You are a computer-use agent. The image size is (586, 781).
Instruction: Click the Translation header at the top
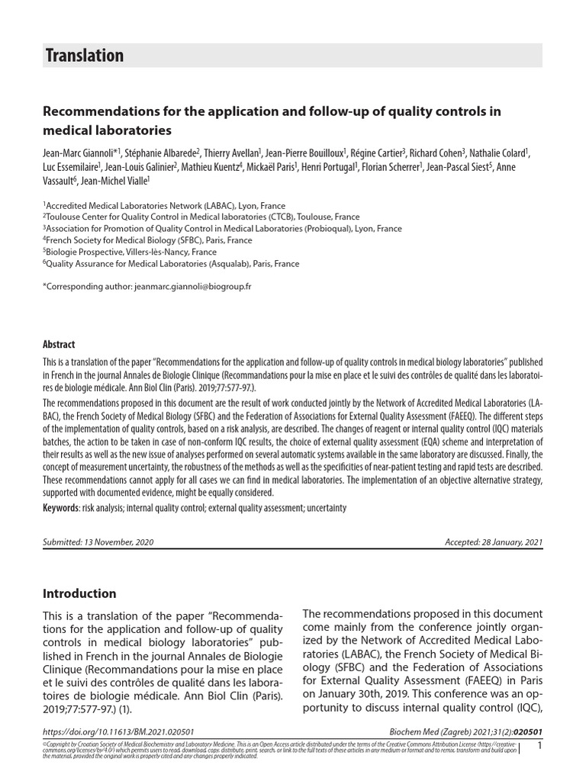click(84, 56)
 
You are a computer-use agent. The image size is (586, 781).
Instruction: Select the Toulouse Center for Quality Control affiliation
click(201, 217)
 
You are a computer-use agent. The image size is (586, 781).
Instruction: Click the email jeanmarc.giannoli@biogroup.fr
click(192, 286)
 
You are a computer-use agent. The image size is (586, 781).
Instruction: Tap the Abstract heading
click(58, 344)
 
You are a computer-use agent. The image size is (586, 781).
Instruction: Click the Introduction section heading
click(79, 593)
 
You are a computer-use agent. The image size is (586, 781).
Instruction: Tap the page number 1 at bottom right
click(539, 746)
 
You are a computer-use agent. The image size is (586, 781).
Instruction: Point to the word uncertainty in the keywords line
click(325, 507)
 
